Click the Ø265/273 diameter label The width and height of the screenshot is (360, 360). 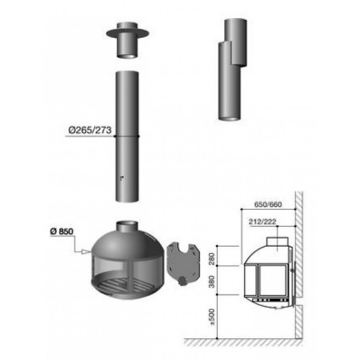click(90, 130)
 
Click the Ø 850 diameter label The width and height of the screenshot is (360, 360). click(62, 231)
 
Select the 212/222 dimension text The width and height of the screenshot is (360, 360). click(263, 221)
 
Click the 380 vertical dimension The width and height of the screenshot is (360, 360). click(212, 281)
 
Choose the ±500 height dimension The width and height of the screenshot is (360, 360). click(212, 317)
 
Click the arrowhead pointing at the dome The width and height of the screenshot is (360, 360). click(86, 251)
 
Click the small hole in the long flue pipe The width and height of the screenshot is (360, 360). click(121, 178)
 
